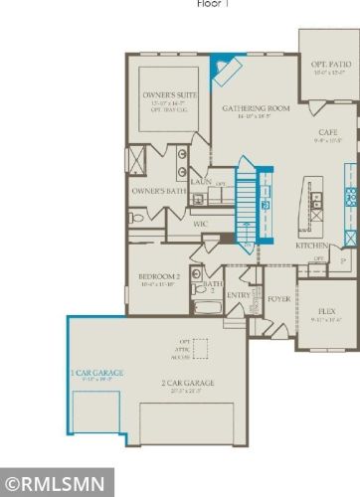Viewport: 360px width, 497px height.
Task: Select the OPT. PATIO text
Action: coord(329,64)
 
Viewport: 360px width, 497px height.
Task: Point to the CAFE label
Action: coord(328,132)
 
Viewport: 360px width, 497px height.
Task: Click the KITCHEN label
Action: coord(311,245)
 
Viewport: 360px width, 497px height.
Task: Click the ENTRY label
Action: coord(239,294)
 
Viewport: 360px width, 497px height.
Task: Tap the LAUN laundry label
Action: coord(201,182)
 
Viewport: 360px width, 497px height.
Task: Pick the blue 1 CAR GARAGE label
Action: coord(96,373)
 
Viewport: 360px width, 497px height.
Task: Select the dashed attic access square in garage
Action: coord(202,349)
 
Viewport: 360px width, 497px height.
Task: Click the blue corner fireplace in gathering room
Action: coord(224,72)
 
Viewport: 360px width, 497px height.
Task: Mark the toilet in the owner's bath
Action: coord(136,217)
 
